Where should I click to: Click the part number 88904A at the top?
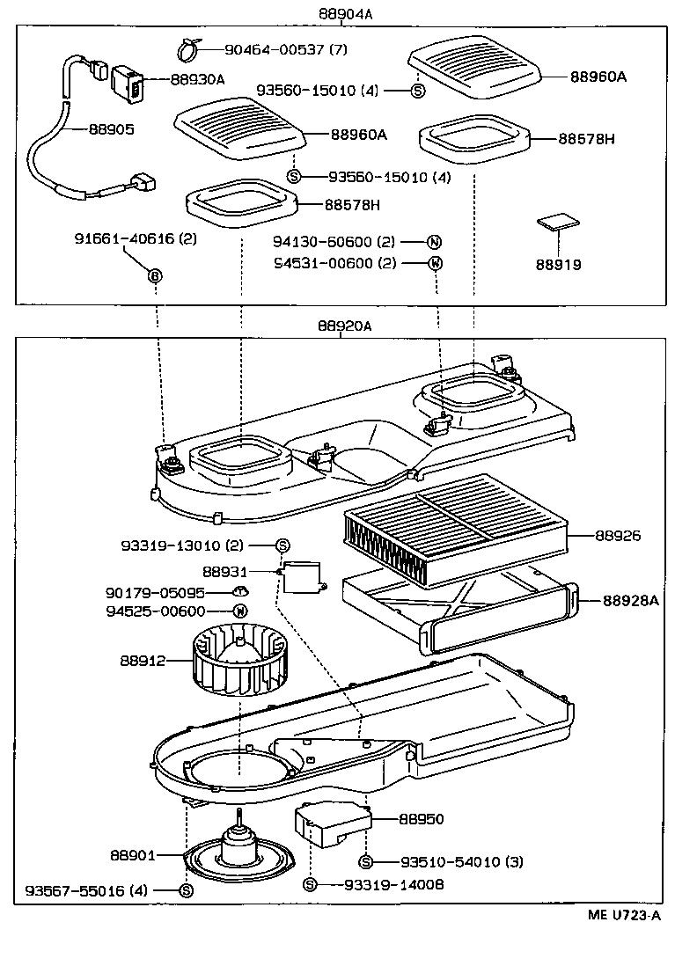click(348, 14)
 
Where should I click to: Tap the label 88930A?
click(197, 79)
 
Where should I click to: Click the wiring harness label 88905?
click(111, 128)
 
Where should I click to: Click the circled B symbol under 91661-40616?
click(155, 275)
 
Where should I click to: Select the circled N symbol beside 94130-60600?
click(434, 242)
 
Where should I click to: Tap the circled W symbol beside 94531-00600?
click(434, 263)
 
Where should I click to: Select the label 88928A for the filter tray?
click(631, 601)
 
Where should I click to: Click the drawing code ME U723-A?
click(624, 915)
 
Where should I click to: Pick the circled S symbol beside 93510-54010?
click(367, 861)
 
